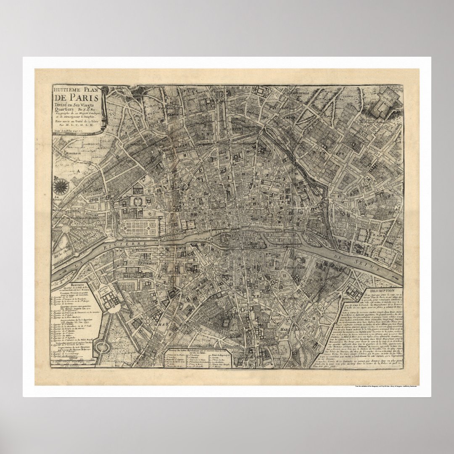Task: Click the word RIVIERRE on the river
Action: point(127,244)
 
